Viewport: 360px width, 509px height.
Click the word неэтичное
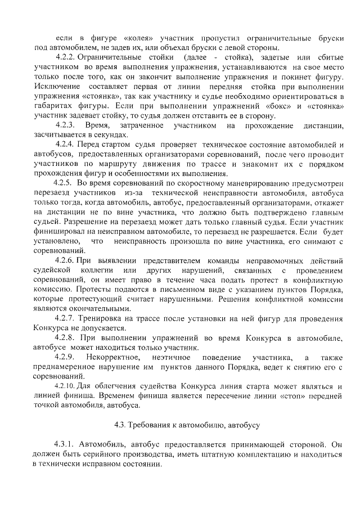[177, 358]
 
